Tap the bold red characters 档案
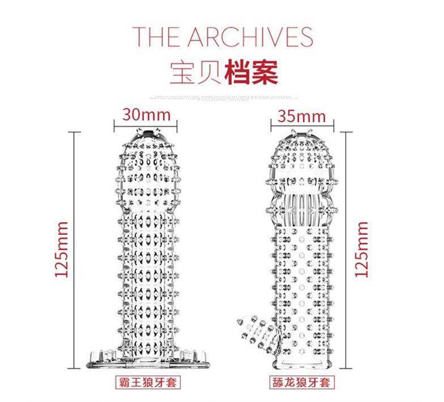pyautogui.click(x=251, y=73)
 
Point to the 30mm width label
pyautogui.click(x=147, y=114)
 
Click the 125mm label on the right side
pyautogui.click(x=362, y=249)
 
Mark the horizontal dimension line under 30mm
pyautogui.click(x=147, y=126)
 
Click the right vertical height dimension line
pyautogui.click(x=347, y=249)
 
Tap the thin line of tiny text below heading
pyautogui.click(x=222, y=97)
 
